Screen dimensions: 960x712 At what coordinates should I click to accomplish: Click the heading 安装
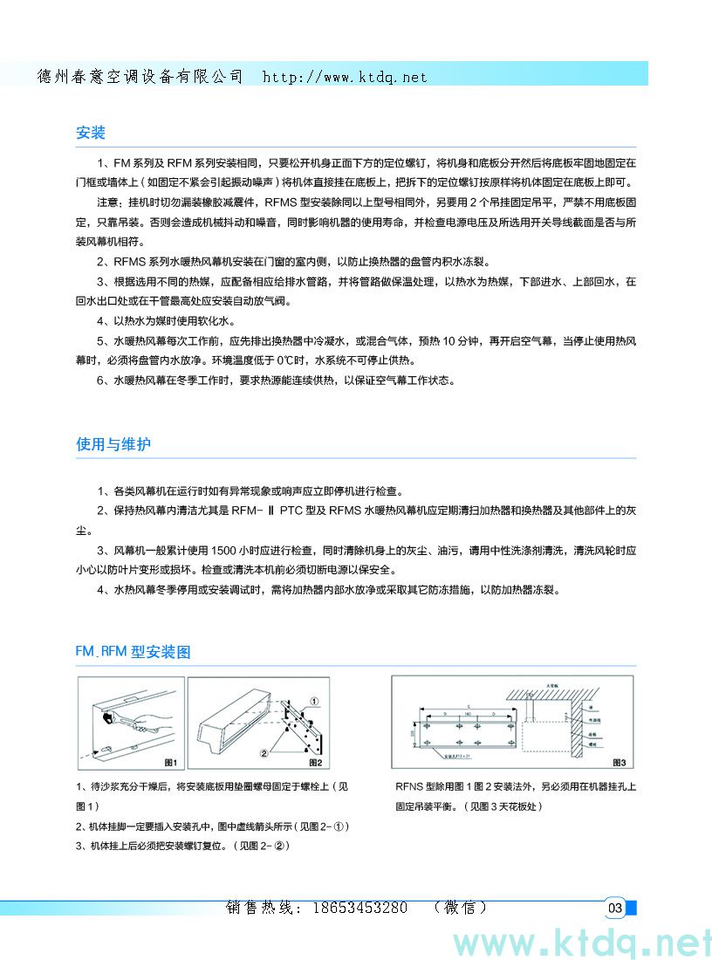pos(91,133)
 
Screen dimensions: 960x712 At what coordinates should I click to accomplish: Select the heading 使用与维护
pos(113,444)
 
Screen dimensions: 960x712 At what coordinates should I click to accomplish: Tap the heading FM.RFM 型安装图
pos(133,651)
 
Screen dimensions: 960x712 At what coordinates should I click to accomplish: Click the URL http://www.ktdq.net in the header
pos(345,77)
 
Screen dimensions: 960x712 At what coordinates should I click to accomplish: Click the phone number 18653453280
pos(359,908)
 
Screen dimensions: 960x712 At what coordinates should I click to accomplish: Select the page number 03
pos(615,909)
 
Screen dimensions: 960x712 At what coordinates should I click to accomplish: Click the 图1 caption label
pos(170,762)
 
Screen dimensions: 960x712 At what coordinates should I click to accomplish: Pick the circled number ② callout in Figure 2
pos(262,751)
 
